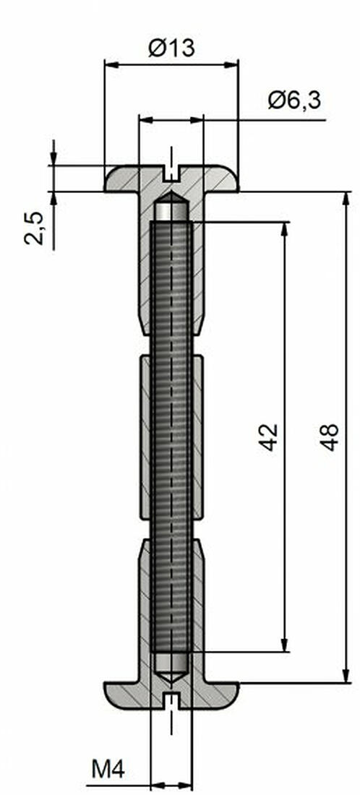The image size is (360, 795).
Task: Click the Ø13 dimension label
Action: tap(171, 48)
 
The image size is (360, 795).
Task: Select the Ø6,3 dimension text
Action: tap(294, 100)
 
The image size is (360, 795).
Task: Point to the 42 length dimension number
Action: tap(268, 437)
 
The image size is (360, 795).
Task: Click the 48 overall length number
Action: tap(330, 437)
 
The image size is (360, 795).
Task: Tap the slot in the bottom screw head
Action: tap(171, 699)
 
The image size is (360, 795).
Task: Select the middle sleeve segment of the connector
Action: tap(171, 437)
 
